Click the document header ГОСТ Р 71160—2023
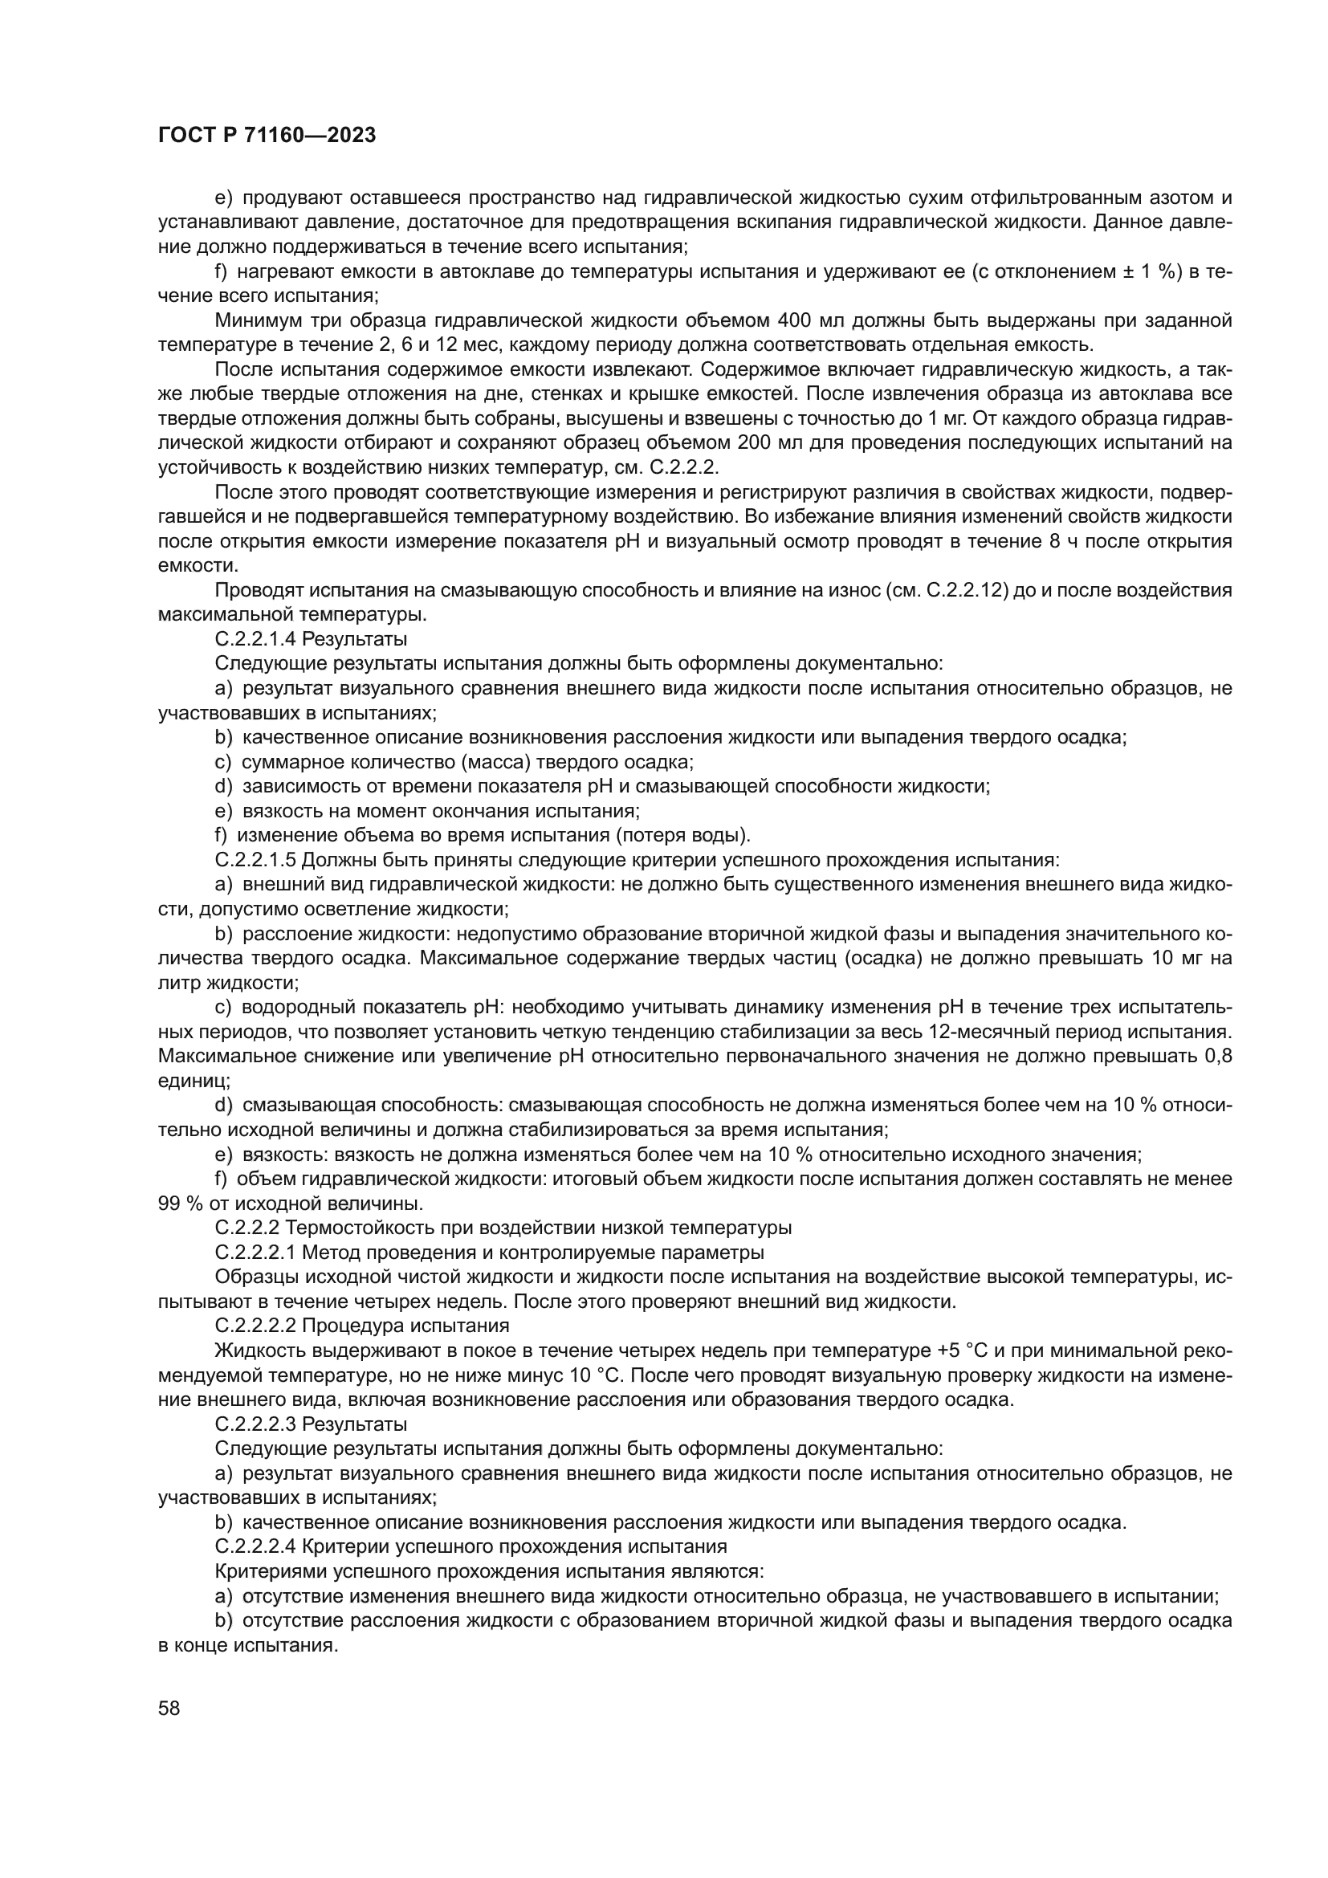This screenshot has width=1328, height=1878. coord(267,136)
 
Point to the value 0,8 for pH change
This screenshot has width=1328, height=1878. coord(1219,1056)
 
